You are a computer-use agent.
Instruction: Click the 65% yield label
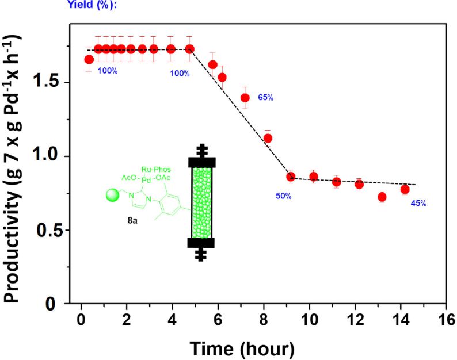265,97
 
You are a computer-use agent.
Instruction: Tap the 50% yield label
283,196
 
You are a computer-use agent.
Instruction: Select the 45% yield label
418,204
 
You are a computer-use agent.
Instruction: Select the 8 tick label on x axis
263,320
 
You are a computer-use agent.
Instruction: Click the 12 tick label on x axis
355,320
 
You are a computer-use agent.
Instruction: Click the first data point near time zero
89,59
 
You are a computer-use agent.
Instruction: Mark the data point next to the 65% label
245,98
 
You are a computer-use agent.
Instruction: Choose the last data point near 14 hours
405,189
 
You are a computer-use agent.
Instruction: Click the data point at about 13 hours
382,197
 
